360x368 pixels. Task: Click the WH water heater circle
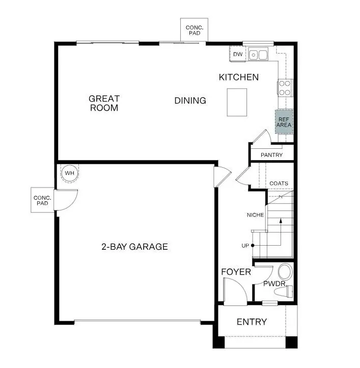coord(70,173)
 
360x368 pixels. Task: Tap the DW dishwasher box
coord(238,54)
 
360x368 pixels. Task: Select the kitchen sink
coord(259,54)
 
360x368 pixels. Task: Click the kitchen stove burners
coord(285,88)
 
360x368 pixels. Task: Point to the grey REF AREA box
coord(284,122)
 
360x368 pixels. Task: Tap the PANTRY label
coord(271,155)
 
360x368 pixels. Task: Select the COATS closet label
coord(279,183)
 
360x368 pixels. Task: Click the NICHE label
coord(255,215)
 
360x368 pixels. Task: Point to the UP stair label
coord(245,246)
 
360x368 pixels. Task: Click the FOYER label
coord(236,272)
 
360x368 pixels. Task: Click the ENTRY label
coord(252,322)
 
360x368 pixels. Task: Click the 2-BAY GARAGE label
coord(134,247)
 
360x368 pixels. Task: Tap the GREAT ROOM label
coord(104,103)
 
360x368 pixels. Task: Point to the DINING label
coord(190,100)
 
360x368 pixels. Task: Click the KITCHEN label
coord(238,77)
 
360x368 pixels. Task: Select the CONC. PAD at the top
coord(194,30)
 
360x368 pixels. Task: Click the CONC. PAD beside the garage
coord(42,200)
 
